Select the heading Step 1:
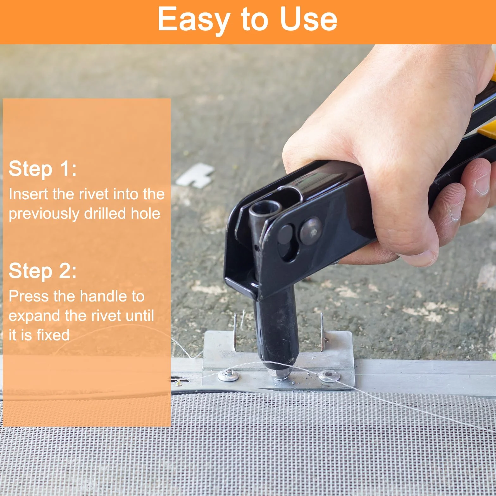(43, 168)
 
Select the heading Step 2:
(43, 271)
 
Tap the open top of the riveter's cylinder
(266, 209)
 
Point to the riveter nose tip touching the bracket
(280, 372)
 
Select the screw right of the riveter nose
(329, 376)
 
